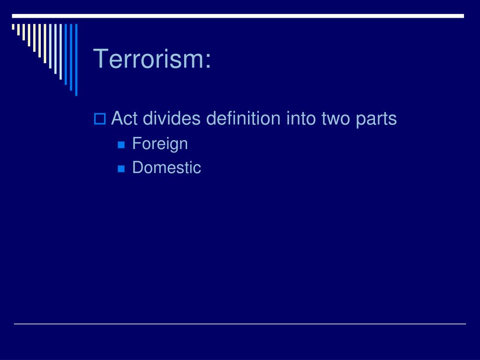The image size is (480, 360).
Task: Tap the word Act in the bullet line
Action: click(x=124, y=119)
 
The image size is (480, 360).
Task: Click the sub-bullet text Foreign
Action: click(x=160, y=144)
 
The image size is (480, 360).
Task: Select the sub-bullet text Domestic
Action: click(x=166, y=167)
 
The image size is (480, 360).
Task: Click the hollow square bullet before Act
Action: click(x=99, y=120)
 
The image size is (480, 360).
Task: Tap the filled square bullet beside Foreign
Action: click(x=121, y=145)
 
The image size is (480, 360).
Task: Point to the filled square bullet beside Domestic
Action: click(x=121, y=168)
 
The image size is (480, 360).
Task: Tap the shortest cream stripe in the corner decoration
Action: click(x=13, y=27)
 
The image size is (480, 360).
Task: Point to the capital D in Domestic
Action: click(x=137, y=167)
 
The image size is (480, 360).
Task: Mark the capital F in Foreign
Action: click(x=136, y=143)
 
